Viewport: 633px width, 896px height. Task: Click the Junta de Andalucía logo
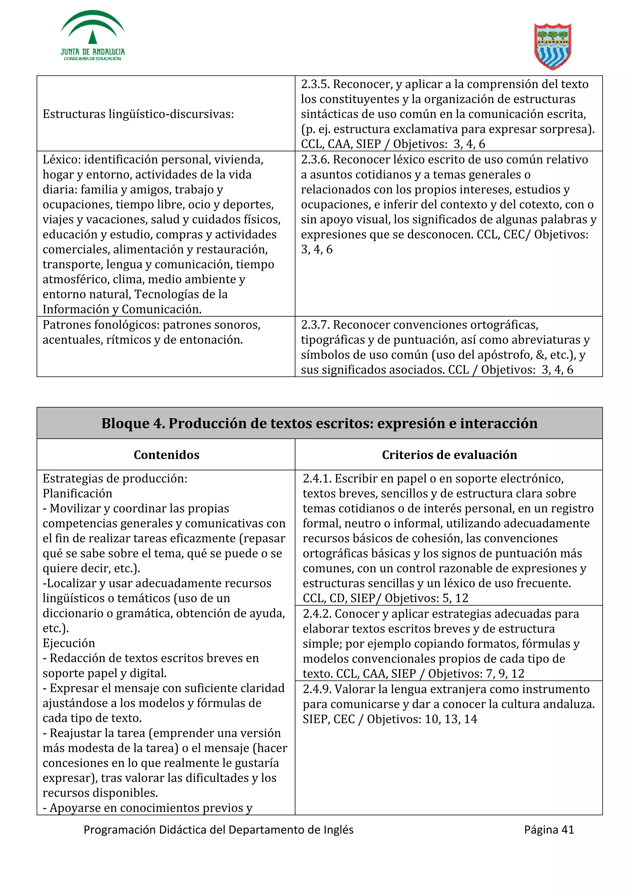(92, 36)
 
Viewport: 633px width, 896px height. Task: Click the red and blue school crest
(552, 46)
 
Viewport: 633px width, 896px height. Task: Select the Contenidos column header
(166, 454)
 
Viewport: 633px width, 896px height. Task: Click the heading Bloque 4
(319, 423)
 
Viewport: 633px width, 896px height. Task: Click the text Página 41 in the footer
(549, 830)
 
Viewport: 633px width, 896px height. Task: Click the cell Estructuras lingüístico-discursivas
(138, 114)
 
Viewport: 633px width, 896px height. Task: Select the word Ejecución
(69, 643)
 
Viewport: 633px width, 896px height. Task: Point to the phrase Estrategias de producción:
(115, 478)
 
